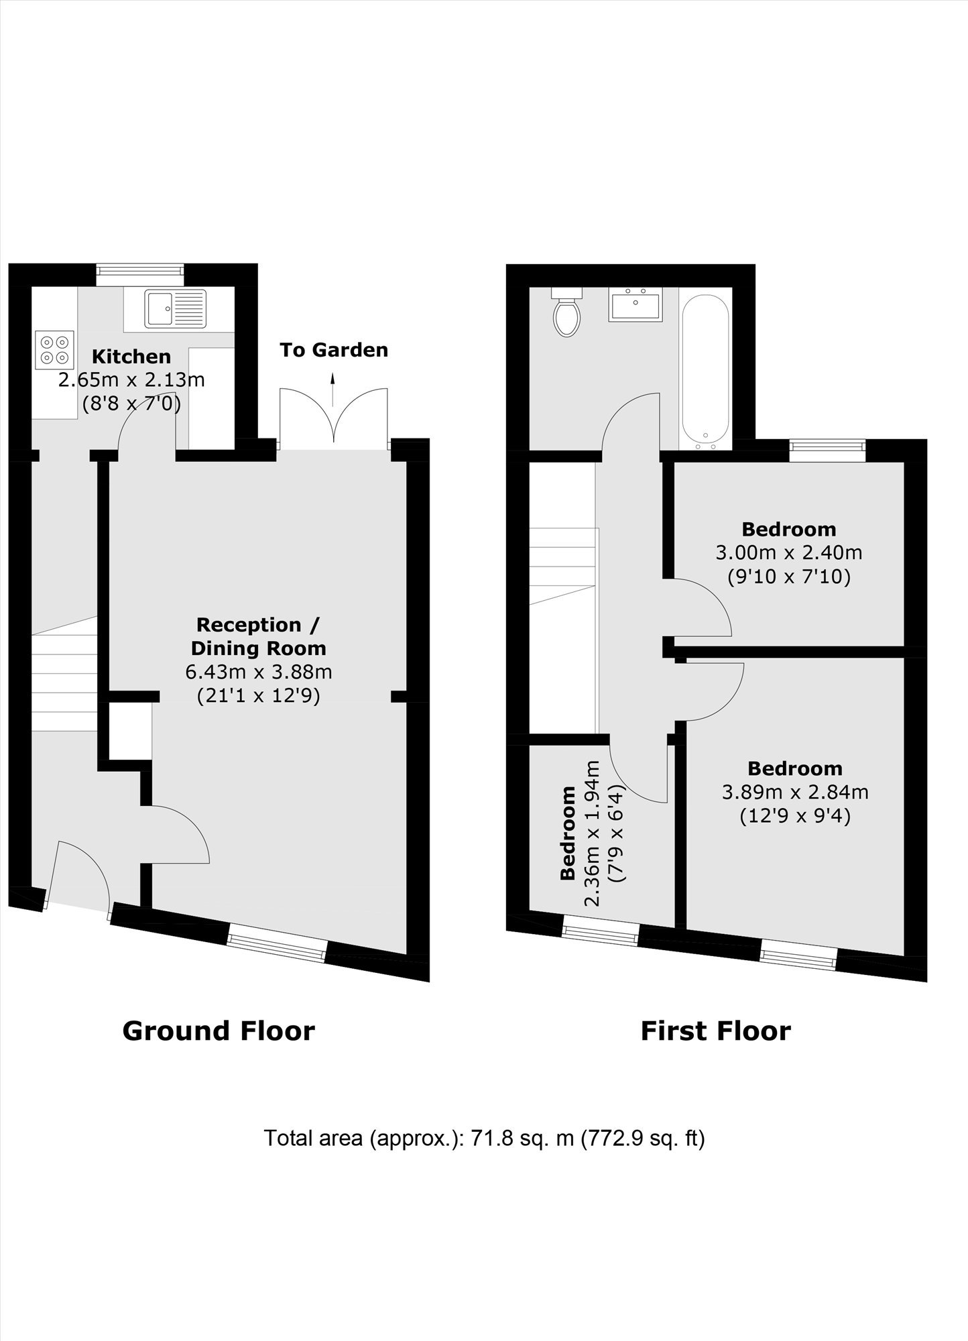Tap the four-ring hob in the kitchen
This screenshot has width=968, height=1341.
54,351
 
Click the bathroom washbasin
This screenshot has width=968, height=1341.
636,304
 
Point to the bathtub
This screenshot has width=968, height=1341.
704,370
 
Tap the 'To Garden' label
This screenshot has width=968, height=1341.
334,350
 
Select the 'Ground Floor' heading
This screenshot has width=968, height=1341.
219,1031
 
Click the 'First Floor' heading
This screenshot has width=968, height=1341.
716,1031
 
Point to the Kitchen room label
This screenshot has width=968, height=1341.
131,356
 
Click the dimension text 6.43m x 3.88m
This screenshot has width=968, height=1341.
259,672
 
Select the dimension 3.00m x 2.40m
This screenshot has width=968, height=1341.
789,553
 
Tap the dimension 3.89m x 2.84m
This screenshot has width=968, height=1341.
795,793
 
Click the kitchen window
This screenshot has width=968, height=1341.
140,270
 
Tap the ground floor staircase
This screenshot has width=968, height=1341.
64,673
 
